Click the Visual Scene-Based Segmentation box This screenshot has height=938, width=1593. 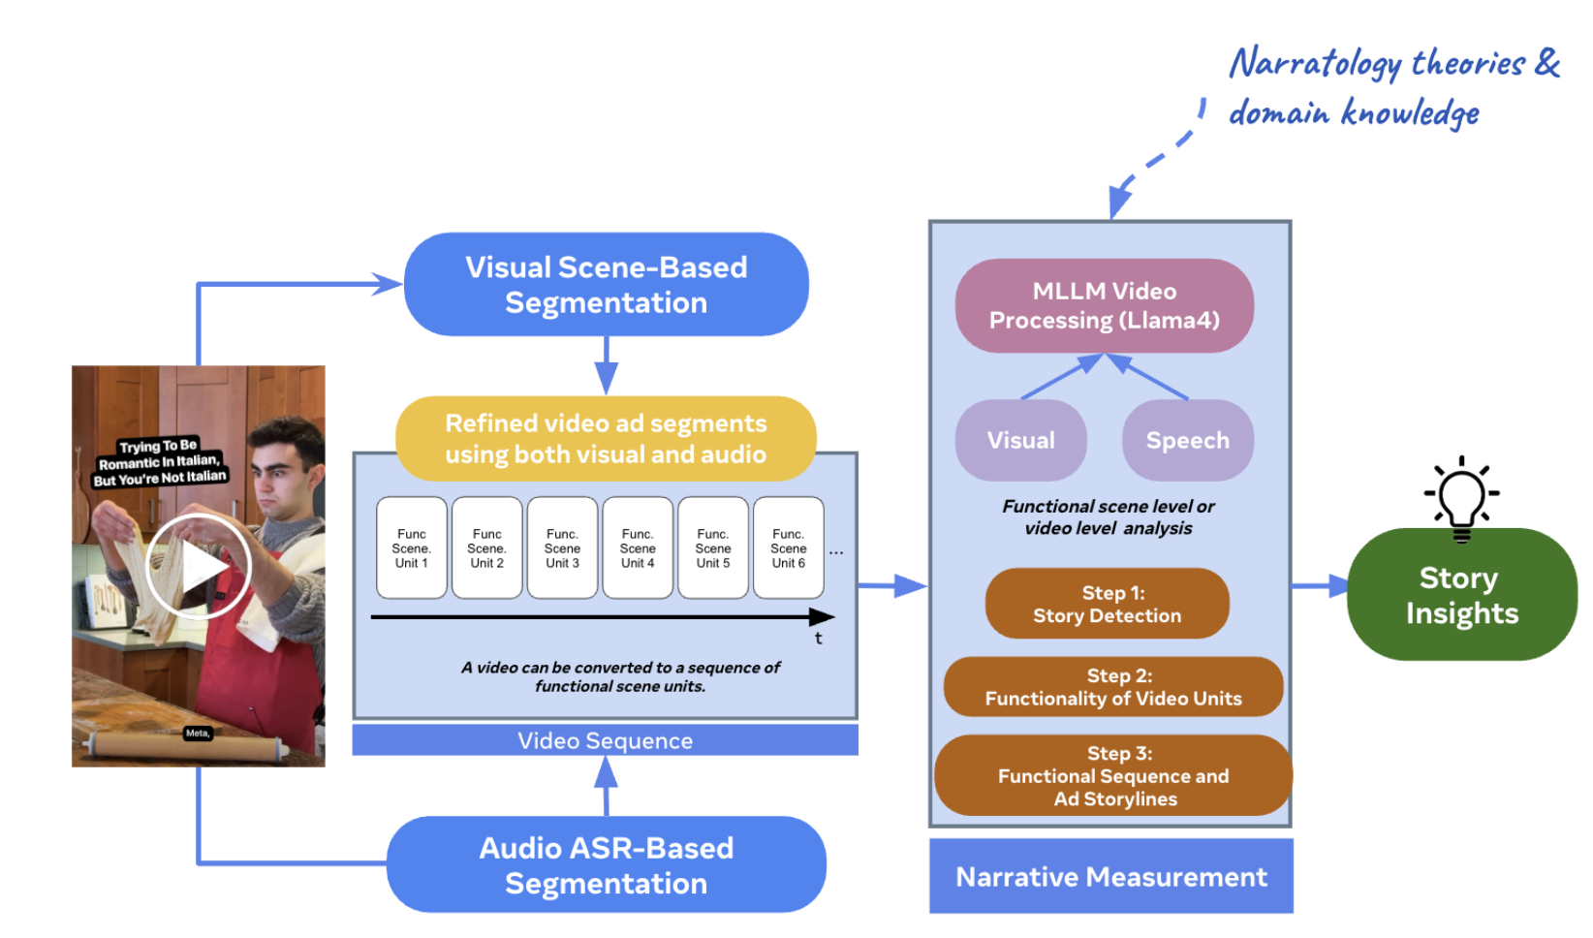point(606,285)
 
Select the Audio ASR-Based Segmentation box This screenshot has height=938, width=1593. point(606,864)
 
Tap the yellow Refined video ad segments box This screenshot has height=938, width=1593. point(606,439)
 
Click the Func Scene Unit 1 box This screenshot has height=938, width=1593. point(412,547)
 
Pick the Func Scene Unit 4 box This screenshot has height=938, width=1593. point(638,547)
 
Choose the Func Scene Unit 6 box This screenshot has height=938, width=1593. point(789,547)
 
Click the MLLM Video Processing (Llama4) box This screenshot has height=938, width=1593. point(1105,305)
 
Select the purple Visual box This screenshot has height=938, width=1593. point(1021,440)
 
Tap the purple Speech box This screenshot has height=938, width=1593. point(1188,440)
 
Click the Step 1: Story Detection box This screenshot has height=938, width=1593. point(1108,604)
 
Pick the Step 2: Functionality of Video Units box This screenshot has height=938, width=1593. point(1113,687)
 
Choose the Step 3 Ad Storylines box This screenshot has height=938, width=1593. point(1113,775)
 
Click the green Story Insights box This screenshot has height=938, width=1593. point(1461,595)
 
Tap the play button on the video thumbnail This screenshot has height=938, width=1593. point(199,567)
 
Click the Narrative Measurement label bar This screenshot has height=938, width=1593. point(1111,877)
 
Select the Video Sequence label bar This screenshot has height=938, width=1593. point(605,741)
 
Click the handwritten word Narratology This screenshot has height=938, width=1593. point(1315,64)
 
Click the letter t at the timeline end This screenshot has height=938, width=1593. point(819,639)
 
